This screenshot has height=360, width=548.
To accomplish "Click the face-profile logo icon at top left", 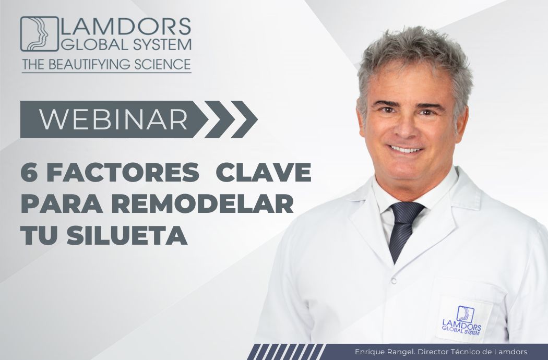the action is click(x=40, y=34).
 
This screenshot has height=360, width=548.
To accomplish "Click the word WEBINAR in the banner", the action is click(x=113, y=119).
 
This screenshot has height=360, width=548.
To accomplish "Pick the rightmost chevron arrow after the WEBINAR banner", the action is click(x=244, y=119).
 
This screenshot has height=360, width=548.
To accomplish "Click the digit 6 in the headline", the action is click(x=29, y=172).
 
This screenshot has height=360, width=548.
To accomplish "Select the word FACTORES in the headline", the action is click(x=123, y=172).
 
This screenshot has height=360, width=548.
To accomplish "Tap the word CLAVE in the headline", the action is click(x=264, y=172).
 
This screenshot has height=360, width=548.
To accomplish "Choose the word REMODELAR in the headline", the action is click(x=204, y=204).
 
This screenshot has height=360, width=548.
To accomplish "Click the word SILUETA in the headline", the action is click(x=127, y=235).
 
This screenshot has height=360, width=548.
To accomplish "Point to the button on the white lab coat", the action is click(x=394, y=280).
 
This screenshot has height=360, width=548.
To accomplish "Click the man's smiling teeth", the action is click(x=406, y=150).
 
